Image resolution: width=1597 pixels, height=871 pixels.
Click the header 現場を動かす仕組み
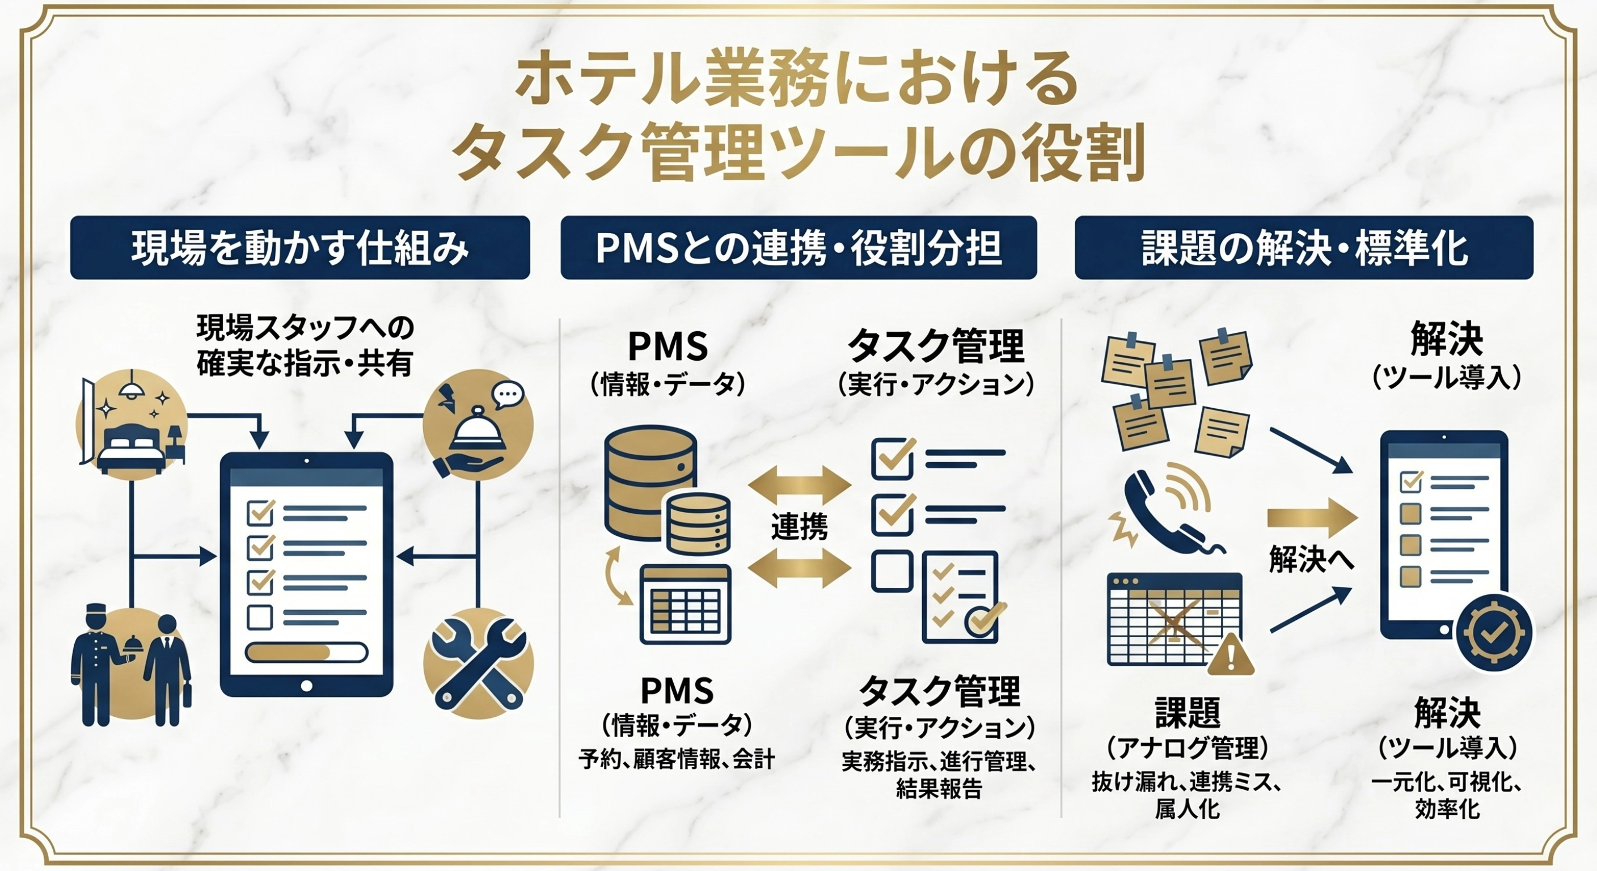pos(300,248)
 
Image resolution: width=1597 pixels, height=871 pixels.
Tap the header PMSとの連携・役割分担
pos(798,248)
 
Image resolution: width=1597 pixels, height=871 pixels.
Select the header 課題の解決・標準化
pos(1304,248)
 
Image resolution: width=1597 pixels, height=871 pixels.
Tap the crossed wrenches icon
pos(478,663)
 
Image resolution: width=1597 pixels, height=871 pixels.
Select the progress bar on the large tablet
pos(306,652)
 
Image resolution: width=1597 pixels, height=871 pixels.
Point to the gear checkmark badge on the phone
pos(1494,632)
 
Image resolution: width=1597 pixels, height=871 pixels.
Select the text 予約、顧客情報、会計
pos(677,759)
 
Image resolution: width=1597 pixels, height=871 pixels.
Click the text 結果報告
pos(939,789)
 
